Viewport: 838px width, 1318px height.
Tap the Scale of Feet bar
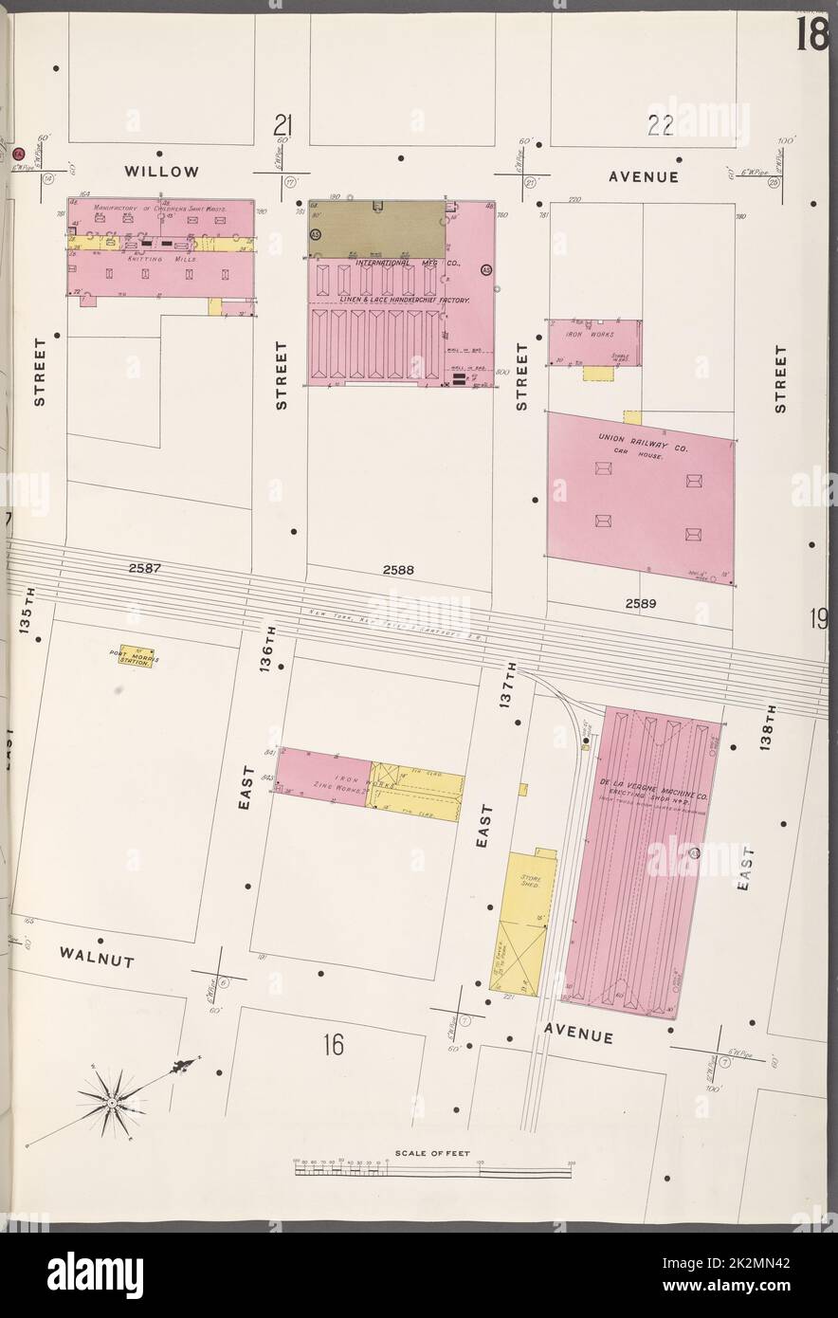pyautogui.click(x=432, y=1172)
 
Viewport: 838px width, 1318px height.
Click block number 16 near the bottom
pyautogui.click(x=331, y=1046)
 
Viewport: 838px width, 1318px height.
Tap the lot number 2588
pyautogui.click(x=399, y=571)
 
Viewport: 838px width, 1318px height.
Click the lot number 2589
pyautogui.click(x=641, y=602)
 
